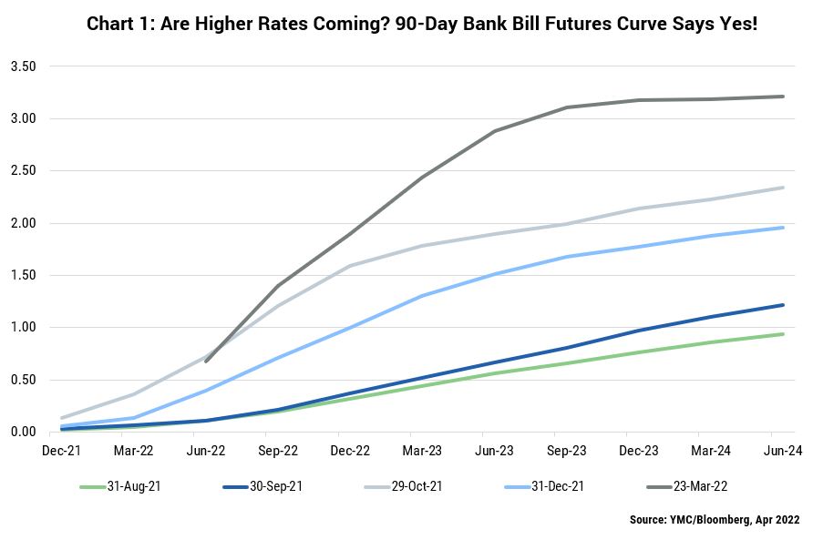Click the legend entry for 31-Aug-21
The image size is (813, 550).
pyautogui.click(x=120, y=487)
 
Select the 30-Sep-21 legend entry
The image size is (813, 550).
pyautogui.click(x=262, y=487)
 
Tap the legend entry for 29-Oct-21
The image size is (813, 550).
pyautogui.click(x=404, y=487)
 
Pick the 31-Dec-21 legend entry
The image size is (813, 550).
pyautogui.click(x=544, y=487)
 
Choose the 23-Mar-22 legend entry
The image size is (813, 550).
pyautogui.click(x=687, y=487)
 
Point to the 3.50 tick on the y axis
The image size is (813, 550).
pyautogui.click(x=24, y=66)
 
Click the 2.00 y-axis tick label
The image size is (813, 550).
pyautogui.click(x=24, y=223)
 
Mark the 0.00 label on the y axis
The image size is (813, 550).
pyautogui.click(x=24, y=432)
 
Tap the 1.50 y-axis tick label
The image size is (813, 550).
pyautogui.click(x=24, y=275)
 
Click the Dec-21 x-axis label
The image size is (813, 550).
pyautogui.click(x=62, y=451)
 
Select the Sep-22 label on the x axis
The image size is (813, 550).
pyautogui.click(x=278, y=451)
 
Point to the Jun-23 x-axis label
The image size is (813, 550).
pyautogui.click(x=494, y=451)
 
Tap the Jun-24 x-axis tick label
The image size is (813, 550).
pyautogui.click(x=782, y=451)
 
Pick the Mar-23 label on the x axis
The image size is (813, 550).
pyautogui.click(x=422, y=451)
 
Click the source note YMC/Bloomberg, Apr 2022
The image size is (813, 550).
pyautogui.click(x=715, y=519)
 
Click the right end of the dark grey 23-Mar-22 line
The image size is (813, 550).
pyautogui.click(x=782, y=97)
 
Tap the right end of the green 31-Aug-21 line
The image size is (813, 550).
pyautogui.click(x=782, y=334)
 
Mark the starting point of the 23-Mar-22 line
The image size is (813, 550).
pyautogui.click(x=206, y=362)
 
